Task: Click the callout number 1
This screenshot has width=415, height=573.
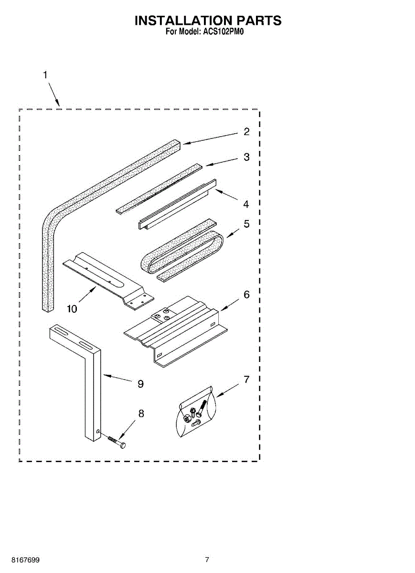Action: pos(45,75)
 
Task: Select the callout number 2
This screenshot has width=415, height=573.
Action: pos(246,132)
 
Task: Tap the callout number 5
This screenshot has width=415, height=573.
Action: pos(246,223)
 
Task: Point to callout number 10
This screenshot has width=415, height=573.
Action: pos(72,309)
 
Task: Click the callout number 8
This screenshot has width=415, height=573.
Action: pos(141,414)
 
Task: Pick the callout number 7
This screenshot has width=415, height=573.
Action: pos(246,380)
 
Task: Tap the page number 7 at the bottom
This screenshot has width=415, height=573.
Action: pos(207,560)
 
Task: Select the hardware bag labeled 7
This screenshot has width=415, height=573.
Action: pos(196,412)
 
